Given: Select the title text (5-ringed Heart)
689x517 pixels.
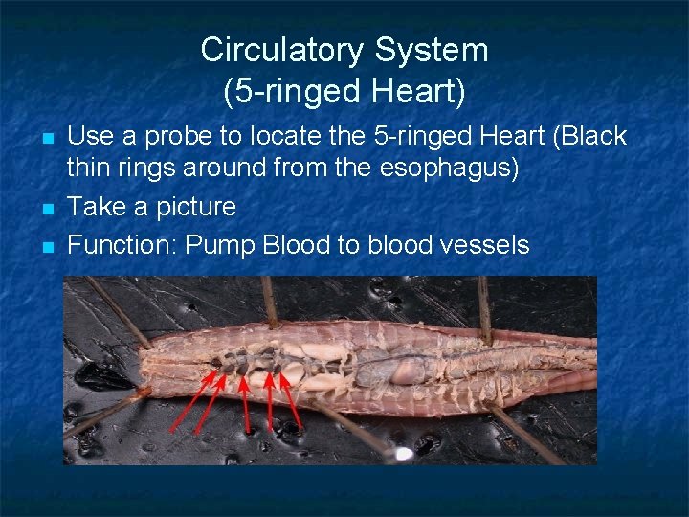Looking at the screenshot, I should pyautogui.click(x=344, y=92).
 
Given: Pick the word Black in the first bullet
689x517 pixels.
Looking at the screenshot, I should pyautogui.click(x=587, y=137).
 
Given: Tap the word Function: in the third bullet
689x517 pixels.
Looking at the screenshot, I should pyautogui.click(x=122, y=245).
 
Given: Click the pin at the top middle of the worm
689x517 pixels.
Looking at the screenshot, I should pyautogui.click(x=270, y=301).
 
